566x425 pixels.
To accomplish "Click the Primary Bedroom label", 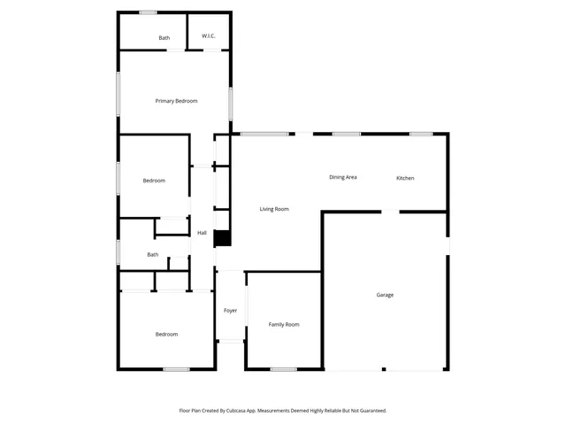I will point(176,101).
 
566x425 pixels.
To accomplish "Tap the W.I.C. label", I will point(209,36).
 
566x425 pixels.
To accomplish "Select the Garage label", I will point(385,295).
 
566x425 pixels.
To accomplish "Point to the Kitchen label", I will point(405,178).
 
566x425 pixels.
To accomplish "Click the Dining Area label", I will point(343,177).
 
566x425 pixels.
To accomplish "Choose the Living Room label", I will point(274,209).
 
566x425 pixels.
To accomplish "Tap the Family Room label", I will point(284,325).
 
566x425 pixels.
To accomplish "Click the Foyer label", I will point(230,311).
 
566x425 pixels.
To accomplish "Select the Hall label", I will point(202,233).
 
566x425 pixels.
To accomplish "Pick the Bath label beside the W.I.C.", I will point(164,38).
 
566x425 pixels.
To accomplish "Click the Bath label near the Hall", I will point(153,255).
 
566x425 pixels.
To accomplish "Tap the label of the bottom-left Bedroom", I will point(166,334).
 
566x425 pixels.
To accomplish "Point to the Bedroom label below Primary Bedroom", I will point(154,181).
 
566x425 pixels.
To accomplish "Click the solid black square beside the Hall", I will point(222,238).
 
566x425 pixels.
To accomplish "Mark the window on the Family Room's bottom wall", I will point(283,369).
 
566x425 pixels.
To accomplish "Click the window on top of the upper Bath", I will point(148,12).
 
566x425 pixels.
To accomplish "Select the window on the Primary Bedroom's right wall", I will point(231,102).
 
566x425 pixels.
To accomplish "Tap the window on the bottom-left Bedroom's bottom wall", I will point(175,369).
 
